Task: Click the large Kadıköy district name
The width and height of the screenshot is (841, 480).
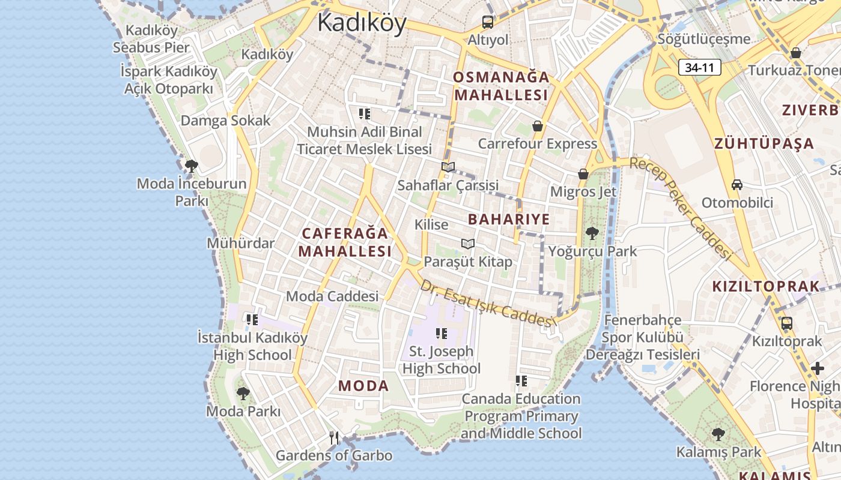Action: [362, 23]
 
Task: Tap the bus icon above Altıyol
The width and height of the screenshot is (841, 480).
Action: [488, 23]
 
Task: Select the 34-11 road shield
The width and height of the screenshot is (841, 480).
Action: [700, 67]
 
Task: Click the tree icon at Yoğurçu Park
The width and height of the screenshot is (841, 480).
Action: [592, 233]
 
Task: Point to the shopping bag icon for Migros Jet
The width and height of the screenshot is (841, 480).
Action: [583, 174]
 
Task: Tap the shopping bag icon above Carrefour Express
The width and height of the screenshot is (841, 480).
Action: [538, 126]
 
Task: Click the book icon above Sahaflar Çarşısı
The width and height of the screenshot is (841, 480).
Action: [448, 167]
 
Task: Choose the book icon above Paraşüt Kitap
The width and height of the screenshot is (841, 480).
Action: [468, 244]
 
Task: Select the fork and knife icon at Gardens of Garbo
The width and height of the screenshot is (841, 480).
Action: [334, 438]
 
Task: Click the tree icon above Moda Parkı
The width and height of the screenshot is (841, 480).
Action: [243, 394]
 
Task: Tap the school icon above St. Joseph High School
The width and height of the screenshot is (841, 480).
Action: [442, 333]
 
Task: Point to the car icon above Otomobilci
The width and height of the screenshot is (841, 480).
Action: [737, 185]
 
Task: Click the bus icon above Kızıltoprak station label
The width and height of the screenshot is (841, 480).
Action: [786, 323]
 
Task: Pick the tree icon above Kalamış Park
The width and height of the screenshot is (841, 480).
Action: [718, 434]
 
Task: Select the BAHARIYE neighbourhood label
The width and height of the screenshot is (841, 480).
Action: [509, 219]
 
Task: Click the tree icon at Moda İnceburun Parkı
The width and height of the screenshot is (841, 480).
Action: [192, 166]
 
